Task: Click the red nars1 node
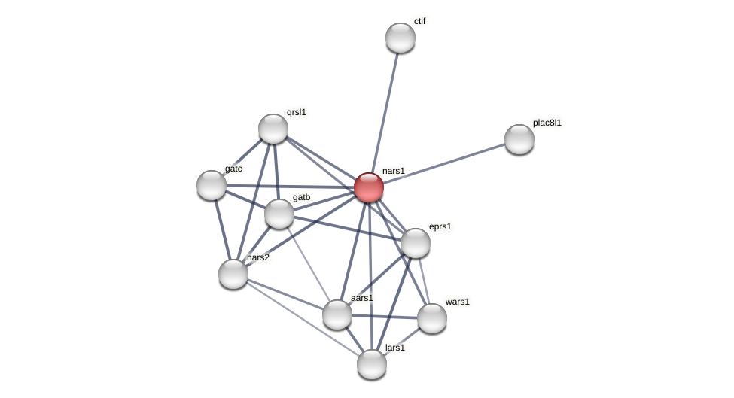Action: [369, 187]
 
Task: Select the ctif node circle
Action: [401, 38]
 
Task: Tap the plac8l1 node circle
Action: [519, 139]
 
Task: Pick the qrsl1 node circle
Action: [273, 129]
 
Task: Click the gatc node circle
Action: [212, 185]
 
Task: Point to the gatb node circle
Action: [279, 214]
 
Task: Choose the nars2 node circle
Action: [233, 274]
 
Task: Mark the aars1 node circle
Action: [337, 314]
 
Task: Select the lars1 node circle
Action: [372, 364]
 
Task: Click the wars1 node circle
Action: [432, 318]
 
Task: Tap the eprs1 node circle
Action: [416, 243]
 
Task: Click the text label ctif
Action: [419, 21]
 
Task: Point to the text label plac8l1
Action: [547, 123]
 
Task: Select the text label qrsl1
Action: [297, 113]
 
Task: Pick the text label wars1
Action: [457, 302]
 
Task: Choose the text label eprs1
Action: [440, 226]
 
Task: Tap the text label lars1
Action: [395, 348]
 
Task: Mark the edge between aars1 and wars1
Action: [385, 316]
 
